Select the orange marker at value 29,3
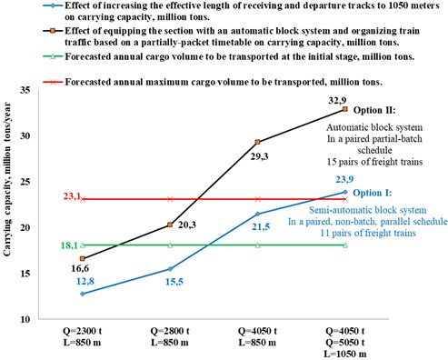point(259,142)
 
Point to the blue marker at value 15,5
point(171,268)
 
